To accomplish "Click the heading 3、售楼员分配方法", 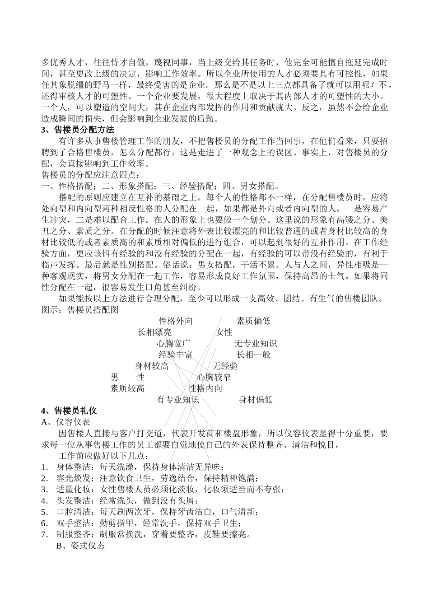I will [78, 130].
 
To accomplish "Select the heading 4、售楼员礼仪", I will [69, 411].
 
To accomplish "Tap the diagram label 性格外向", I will [176, 321].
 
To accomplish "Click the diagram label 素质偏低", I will [253, 321].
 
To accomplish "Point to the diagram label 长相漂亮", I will [154, 332].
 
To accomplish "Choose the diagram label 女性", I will [224, 332].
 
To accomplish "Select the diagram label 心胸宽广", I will [174, 344].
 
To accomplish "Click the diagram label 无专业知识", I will [255, 344].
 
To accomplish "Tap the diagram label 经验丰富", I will [175, 355].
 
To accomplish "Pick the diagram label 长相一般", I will [253, 355].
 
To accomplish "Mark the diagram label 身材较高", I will [152, 366].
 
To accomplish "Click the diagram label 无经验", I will [225, 366].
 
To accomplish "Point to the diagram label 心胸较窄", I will [214, 377].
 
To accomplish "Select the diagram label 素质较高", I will [127, 388].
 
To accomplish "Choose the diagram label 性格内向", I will [205, 388].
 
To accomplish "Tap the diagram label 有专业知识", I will [177, 400].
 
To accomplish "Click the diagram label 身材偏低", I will [255, 400].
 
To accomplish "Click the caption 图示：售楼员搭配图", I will [79, 310].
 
